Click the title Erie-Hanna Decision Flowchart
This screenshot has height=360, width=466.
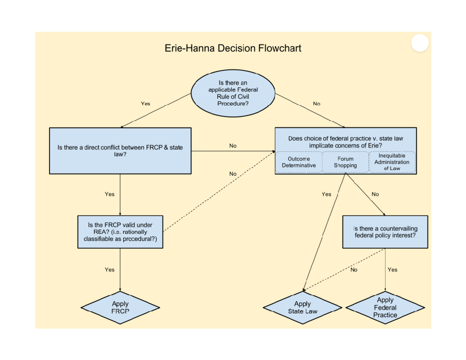[x=233, y=49]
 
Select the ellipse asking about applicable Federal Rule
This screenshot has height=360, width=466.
[x=233, y=93]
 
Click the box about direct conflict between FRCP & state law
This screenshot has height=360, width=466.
[x=120, y=151]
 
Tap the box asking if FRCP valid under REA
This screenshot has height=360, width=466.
[x=120, y=232]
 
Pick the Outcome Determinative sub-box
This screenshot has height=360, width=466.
[x=299, y=162]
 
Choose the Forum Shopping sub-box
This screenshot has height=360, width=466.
[x=345, y=162]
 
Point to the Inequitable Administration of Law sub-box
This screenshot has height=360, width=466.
[x=391, y=162]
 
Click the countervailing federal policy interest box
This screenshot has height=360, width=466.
[x=385, y=232]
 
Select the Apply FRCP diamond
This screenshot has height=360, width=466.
[x=120, y=307]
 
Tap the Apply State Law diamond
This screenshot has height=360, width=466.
[x=303, y=307]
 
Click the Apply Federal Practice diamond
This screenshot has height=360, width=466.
[x=385, y=307]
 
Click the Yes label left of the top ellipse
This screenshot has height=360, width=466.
[x=145, y=104]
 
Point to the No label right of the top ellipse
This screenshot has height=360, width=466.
[x=316, y=104]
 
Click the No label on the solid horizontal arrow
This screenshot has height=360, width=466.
[x=233, y=146]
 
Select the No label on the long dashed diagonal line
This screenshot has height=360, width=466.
[x=233, y=174]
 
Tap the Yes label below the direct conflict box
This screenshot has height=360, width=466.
[x=110, y=194]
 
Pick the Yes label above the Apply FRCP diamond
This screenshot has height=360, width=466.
[x=110, y=270]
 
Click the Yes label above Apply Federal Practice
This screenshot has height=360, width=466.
[x=392, y=270]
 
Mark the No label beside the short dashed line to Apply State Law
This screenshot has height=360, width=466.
[x=354, y=270]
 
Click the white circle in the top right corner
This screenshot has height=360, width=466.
[x=419, y=43]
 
